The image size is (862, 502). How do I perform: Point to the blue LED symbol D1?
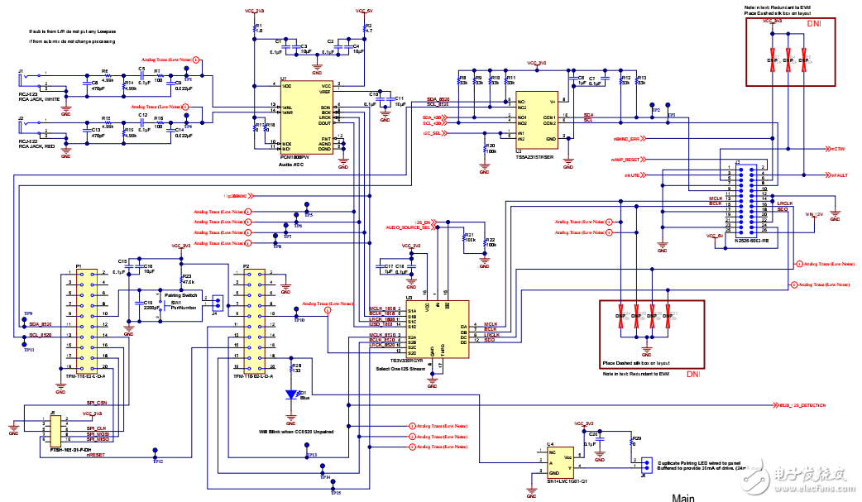click(291, 394)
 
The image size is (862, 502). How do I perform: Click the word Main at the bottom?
click(683, 498)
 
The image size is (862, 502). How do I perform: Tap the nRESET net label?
click(95, 455)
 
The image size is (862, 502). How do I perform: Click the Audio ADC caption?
click(292, 165)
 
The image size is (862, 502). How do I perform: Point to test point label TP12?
click(157, 461)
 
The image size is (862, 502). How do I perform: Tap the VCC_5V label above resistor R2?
click(364, 12)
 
